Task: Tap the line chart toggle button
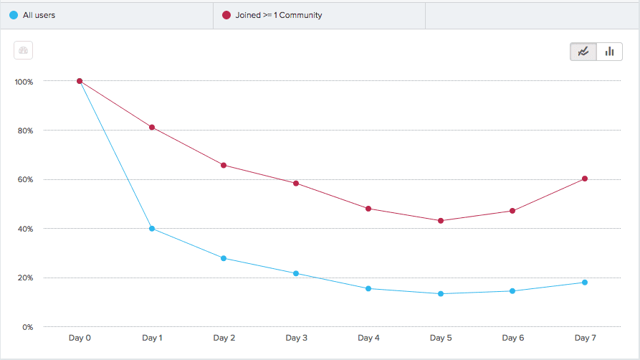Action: pyautogui.click(x=583, y=52)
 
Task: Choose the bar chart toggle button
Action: pyautogui.click(x=609, y=52)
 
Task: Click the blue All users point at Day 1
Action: pyautogui.click(x=152, y=229)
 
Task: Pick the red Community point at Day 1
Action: pyautogui.click(x=152, y=128)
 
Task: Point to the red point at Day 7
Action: pyautogui.click(x=585, y=179)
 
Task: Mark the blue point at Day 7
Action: pyautogui.click(x=585, y=283)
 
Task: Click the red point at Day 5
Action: pyautogui.click(x=441, y=221)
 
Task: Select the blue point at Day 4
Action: pyautogui.click(x=368, y=289)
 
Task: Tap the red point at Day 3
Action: pyautogui.click(x=296, y=184)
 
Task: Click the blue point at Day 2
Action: pyautogui.click(x=224, y=258)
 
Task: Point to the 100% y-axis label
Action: pyautogui.click(x=24, y=82)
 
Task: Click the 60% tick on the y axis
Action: pyautogui.click(x=25, y=180)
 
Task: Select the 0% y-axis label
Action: pyautogui.click(x=28, y=328)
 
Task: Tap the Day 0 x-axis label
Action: pyautogui.click(x=80, y=338)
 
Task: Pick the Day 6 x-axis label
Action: pyautogui.click(x=512, y=338)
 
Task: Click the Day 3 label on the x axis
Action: pyautogui.click(x=296, y=338)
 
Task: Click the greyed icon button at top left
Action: pyautogui.click(x=24, y=51)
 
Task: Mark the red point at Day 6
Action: pyautogui.click(x=512, y=211)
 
